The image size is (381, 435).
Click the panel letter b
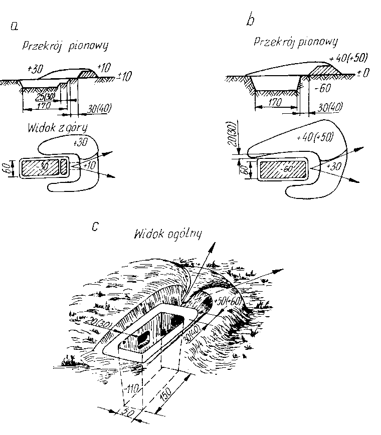pos(251,21)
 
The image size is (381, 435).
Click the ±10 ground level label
pos(123,77)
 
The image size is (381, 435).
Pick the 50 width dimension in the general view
pos(129,412)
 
